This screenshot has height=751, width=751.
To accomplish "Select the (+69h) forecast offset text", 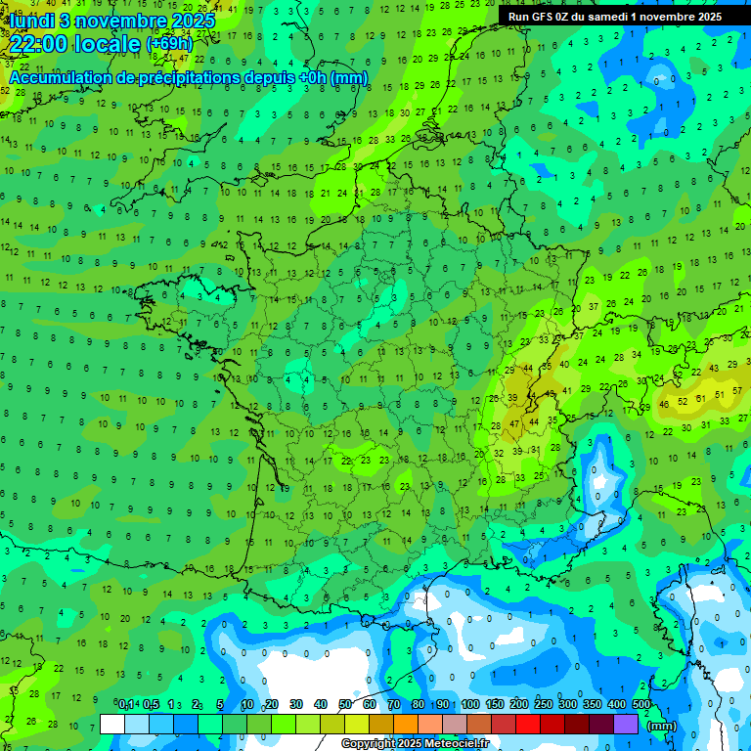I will click(x=169, y=44).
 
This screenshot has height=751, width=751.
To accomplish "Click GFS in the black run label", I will click(x=545, y=17).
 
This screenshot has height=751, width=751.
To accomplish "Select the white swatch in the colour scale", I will click(x=112, y=724).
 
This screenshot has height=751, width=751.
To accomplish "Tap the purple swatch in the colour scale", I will click(x=626, y=724).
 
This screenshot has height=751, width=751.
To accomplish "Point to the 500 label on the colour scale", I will click(x=641, y=705).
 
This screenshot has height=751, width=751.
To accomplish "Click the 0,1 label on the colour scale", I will click(x=126, y=705).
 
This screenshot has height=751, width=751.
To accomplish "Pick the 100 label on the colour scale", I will click(x=470, y=705).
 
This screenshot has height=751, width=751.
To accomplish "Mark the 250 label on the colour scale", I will click(x=544, y=705).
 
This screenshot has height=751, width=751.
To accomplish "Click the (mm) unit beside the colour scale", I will click(x=662, y=726).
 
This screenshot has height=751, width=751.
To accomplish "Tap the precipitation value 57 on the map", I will click(x=722, y=392).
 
